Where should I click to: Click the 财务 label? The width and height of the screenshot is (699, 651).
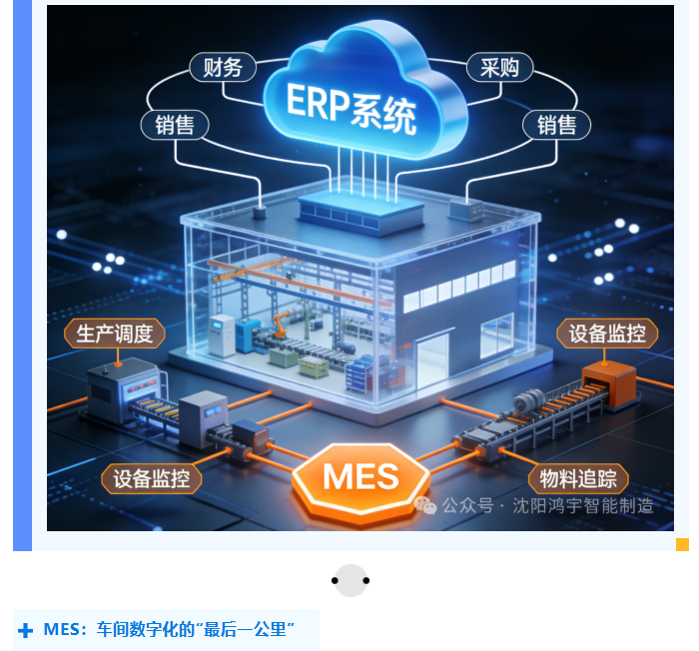223,68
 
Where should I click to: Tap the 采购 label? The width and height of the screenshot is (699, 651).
499,67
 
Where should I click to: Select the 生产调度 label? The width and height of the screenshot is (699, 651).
115,333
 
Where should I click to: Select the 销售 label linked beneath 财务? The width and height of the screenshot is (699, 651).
174,124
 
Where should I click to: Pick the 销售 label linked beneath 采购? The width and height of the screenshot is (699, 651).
556,124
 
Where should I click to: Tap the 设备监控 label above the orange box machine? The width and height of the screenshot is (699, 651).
607,333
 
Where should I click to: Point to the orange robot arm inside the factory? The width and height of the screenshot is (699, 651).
283,325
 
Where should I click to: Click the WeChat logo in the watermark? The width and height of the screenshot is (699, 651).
426,505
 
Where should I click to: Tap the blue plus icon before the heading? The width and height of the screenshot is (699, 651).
26,631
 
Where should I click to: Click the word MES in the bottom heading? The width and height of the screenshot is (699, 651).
61,630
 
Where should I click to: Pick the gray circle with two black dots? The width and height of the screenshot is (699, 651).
350,580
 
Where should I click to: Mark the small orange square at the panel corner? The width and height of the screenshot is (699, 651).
682,544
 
